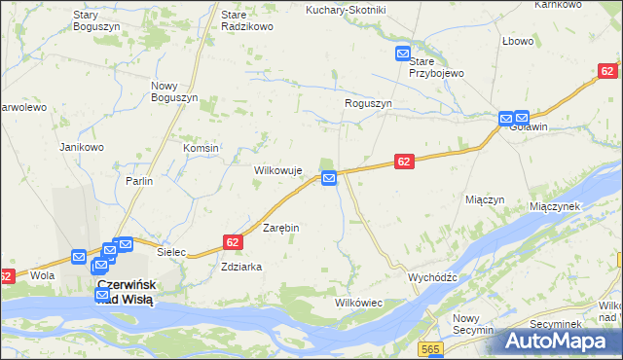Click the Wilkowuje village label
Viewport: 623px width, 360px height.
[x=278, y=170]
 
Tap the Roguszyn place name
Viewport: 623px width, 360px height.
[x=368, y=103]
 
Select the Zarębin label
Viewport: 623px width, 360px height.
[x=281, y=227]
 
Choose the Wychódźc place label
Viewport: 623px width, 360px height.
[x=432, y=276]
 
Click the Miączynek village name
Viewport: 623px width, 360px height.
[x=555, y=206]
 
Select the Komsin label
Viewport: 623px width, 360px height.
[x=201, y=147]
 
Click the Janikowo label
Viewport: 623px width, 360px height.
[x=82, y=147]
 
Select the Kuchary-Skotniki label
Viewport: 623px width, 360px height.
[x=346, y=10]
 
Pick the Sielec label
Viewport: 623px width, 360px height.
[x=171, y=251]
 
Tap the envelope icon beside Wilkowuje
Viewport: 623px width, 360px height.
[x=330, y=178]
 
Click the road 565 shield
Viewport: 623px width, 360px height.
[x=431, y=348]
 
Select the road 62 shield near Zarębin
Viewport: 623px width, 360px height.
[x=232, y=241]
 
